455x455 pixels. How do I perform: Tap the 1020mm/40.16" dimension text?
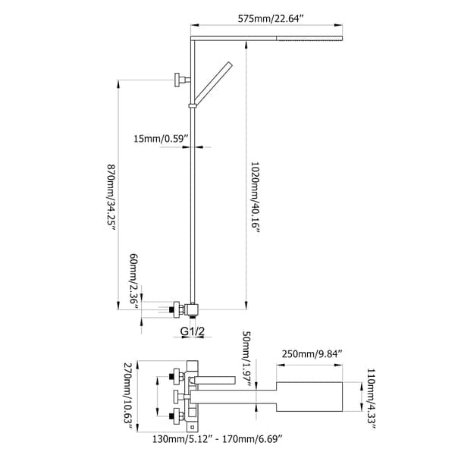pos(254,196)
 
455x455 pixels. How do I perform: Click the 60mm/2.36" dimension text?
pos(133,281)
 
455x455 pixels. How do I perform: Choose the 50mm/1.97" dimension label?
pos(246,356)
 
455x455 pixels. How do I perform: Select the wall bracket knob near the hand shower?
pos(180,78)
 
